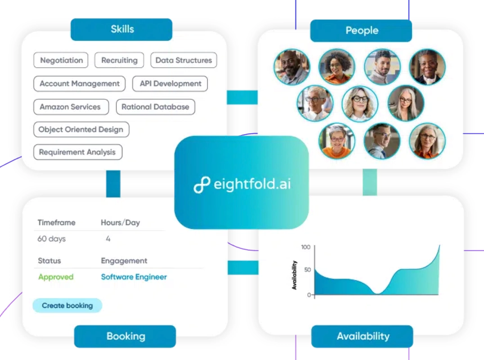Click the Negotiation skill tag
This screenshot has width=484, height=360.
click(61, 60)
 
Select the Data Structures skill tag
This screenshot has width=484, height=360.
click(184, 60)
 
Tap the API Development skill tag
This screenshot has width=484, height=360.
click(170, 84)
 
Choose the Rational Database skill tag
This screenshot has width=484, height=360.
click(156, 107)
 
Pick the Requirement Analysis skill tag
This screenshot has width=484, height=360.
click(78, 152)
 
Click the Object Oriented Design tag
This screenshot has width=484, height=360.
click(81, 129)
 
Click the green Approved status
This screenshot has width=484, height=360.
click(56, 277)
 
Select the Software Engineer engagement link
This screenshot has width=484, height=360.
click(134, 277)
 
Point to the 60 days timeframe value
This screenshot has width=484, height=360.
click(52, 238)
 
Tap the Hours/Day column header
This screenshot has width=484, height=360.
click(121, 222)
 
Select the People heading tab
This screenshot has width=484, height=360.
click(361, 31)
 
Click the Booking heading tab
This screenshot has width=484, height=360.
click(125, 336)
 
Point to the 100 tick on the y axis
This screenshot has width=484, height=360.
click(305, 247)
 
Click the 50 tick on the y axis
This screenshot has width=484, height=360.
click(307, 270)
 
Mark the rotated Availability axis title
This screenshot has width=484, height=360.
click(295, 275)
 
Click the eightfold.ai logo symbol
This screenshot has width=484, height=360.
click(202, 184)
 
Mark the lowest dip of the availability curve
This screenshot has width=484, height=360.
click(377, 293)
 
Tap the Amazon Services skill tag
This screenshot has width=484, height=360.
click(71, 107)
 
